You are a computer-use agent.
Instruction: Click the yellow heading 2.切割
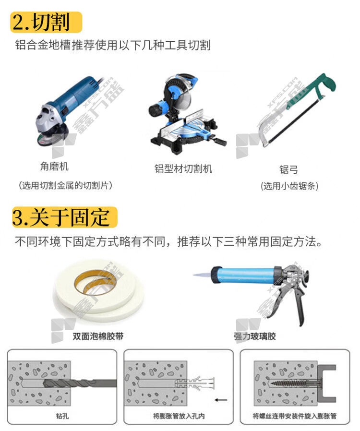click(46, 22)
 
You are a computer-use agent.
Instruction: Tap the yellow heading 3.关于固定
click(65, 217)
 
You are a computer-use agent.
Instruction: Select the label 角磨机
click(54, 166)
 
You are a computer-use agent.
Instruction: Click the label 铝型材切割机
click(183, 168)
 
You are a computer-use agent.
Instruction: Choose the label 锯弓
click(288, 169)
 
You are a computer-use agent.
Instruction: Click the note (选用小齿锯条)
click(289, 186)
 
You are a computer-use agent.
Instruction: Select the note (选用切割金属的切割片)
click(65, 186)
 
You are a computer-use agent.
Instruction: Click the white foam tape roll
click(99, 291)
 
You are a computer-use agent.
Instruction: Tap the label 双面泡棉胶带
click(98, 336)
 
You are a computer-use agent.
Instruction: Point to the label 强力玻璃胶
click(255, 336)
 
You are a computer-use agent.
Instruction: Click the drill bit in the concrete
click(80, 383)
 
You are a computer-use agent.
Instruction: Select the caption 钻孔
click(62, 416)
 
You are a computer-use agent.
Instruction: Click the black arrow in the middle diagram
click(221, 400)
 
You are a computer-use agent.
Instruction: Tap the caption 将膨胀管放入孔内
click(179, 416)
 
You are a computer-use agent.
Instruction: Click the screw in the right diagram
click(295, 383)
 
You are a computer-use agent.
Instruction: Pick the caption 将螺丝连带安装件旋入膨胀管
click(295, 416)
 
